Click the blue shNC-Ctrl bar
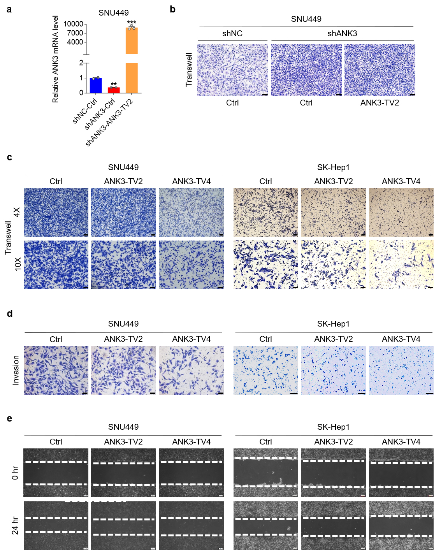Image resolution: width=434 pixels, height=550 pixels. (x=96, y=86)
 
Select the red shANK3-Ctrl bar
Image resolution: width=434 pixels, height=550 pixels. (x=114, y=90)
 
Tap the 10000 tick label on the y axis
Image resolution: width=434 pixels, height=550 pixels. (x=73, y=24)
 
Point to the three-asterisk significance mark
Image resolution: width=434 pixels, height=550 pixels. (x=132, y=23)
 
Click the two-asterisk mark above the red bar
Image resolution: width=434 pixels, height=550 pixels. (x=114, y=84)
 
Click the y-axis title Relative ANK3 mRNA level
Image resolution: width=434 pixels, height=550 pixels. (x=55, y=59)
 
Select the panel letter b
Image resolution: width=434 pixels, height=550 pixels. (x=173, y=9)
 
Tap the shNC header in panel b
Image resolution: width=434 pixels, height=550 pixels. (x=232, y=33)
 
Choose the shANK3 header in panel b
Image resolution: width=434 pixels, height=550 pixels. (x=342, y=33)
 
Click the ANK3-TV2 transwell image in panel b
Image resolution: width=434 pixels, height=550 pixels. (x=380, y=70)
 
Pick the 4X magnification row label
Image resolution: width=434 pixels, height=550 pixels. (x=17, y=212)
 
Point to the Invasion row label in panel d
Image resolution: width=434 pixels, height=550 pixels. (x=16, y=370)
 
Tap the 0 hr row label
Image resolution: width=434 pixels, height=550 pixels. (x=15, y=473)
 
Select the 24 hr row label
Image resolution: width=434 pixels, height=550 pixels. (x=15, y=525)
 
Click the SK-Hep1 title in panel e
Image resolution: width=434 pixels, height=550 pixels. (x=333, y=427)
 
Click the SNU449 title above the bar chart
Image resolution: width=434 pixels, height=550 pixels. (x=113, y=13)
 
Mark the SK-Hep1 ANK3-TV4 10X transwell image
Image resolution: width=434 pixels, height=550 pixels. (x=401, y=265)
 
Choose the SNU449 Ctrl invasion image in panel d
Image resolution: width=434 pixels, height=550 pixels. (x=56, y=370)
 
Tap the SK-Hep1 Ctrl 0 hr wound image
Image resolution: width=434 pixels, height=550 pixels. (x=265, y=473)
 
